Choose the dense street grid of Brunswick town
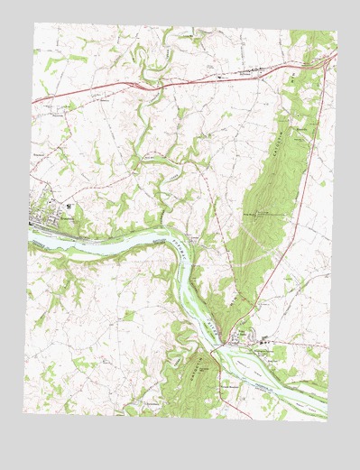tap(50, 217)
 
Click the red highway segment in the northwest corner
tap(54, 97)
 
